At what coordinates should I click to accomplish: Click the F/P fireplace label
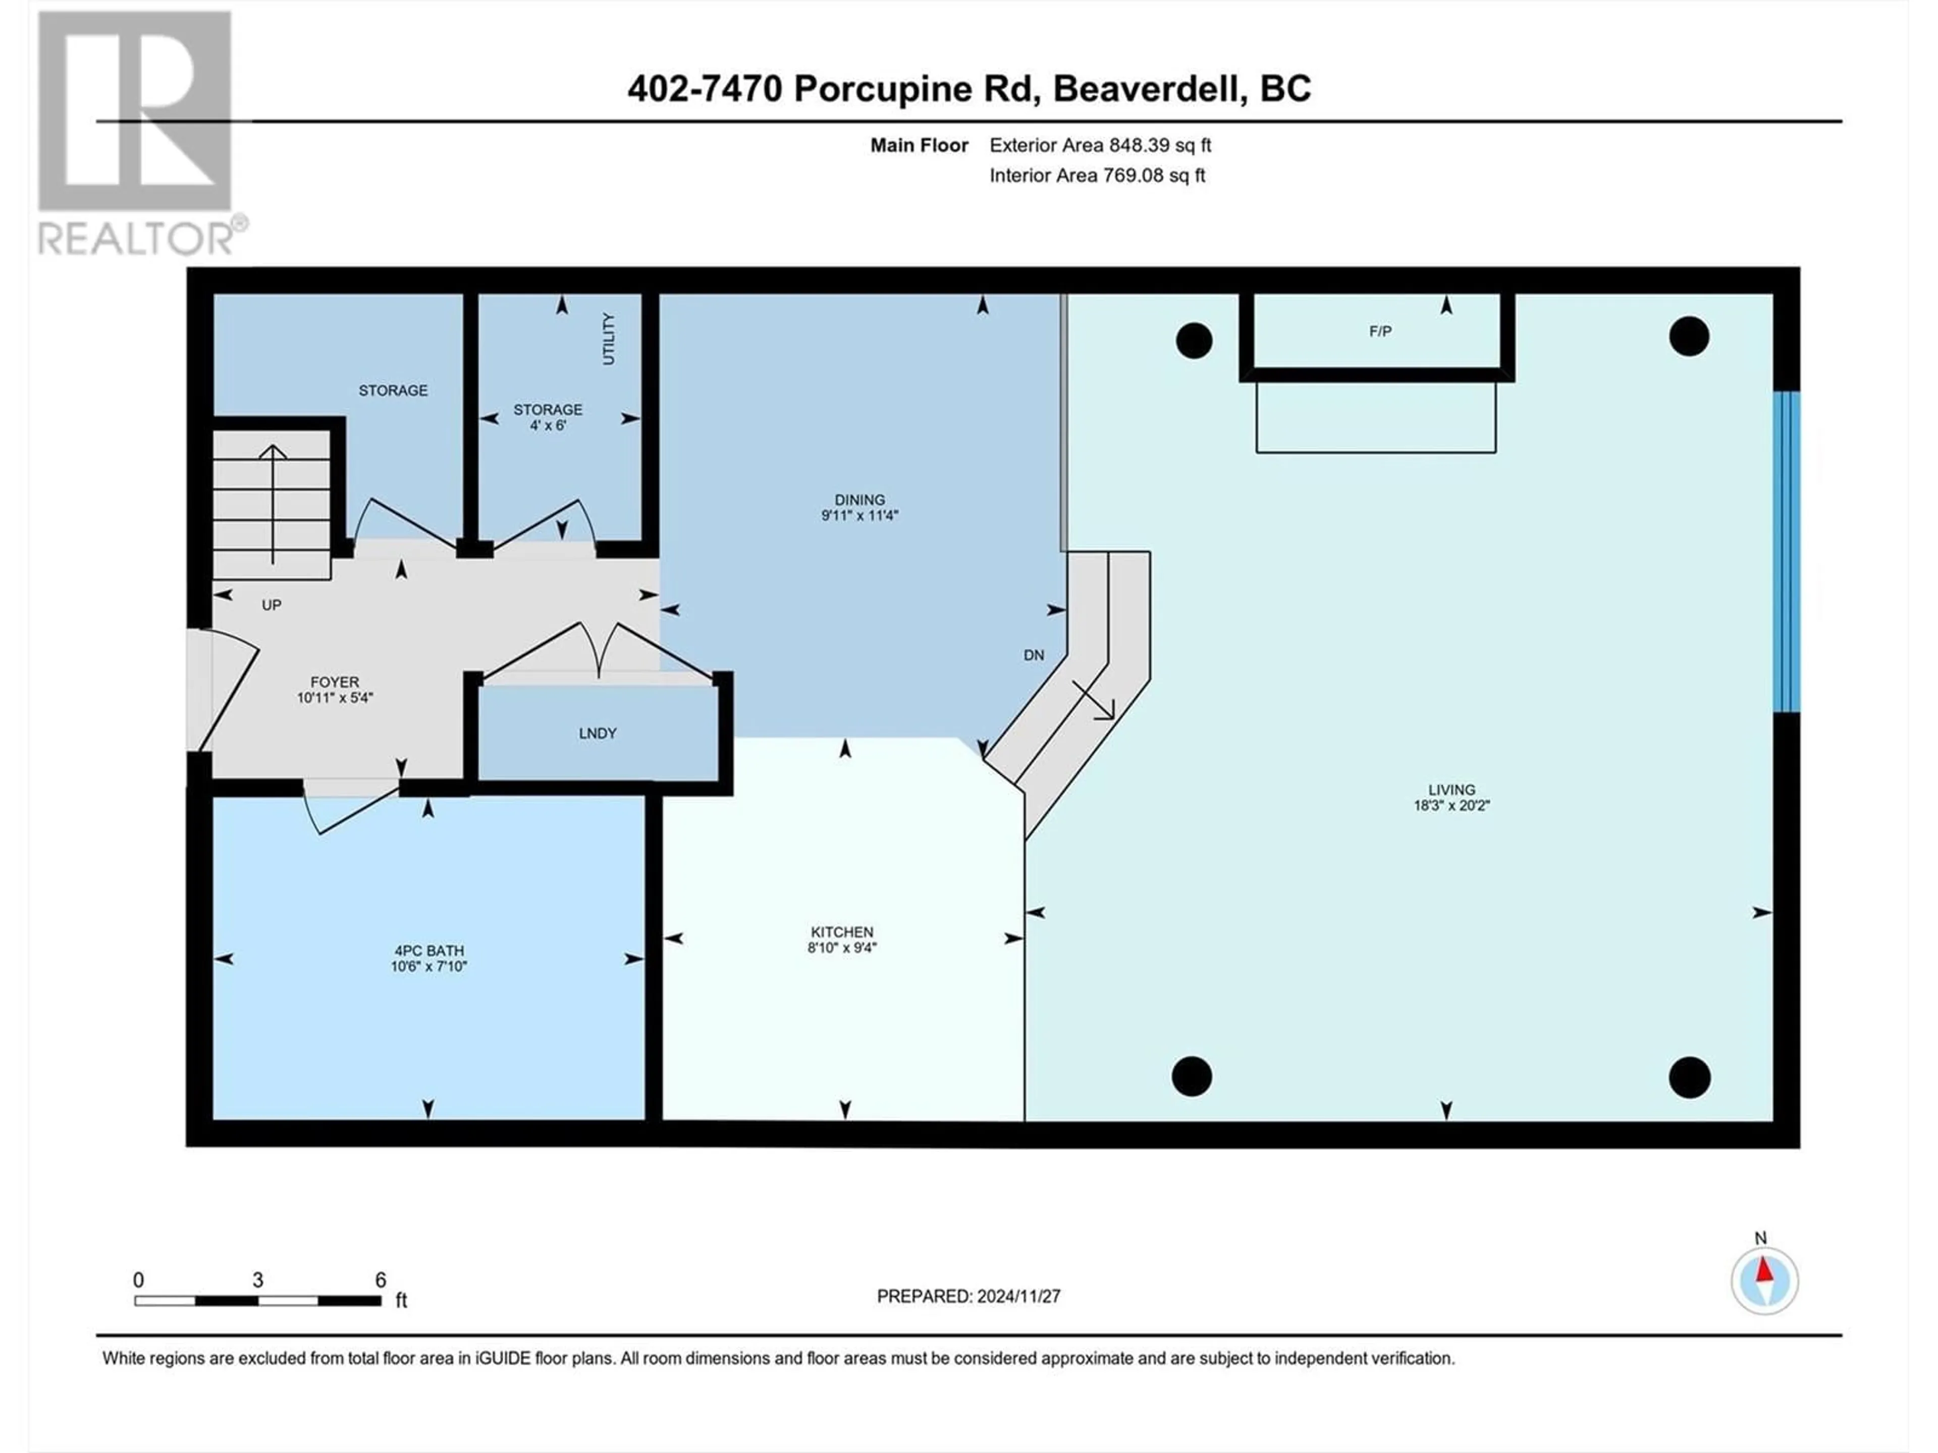pos(1380,331)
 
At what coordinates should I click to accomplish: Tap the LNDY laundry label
pos(598,733)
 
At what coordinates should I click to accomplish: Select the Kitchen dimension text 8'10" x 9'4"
pos(842,947)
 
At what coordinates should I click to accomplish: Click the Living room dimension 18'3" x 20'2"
pos(1452,805)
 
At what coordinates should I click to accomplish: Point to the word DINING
pos(859,500)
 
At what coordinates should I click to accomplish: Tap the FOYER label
pos(335,682)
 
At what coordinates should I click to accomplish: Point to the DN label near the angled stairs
pos(1034,655)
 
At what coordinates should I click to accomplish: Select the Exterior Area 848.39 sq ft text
pos(1100,145)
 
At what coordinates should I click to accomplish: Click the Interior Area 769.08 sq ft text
pos(1098,175)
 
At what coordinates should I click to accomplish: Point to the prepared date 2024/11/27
pos(1014,1296)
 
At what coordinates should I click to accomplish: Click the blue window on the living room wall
pos(1787,552)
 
